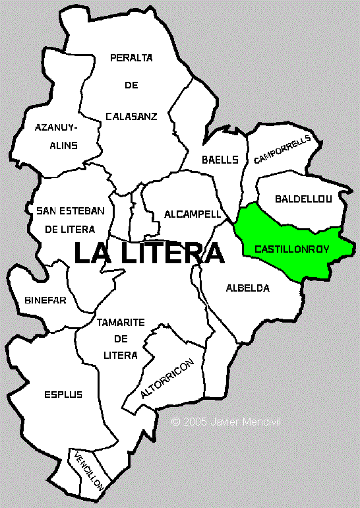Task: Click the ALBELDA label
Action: [248, 288]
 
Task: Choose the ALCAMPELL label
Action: [183, 214]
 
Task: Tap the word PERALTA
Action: [131, 58]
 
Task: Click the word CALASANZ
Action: [131, 117]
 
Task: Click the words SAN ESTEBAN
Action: [71, 211]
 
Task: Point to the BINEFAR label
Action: [45, 300]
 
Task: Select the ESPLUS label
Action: [64, 395]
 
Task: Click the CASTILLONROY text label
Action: [291, 250]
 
